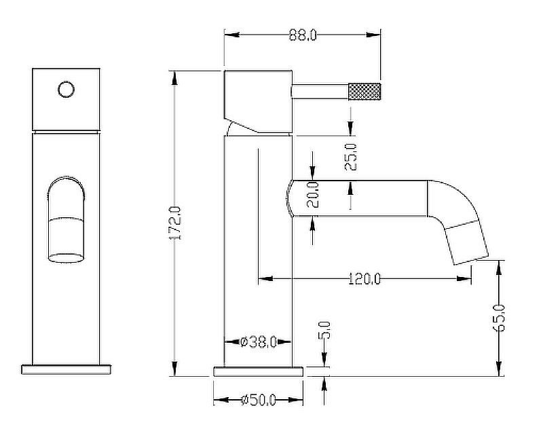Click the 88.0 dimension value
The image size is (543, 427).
click(x=303, y=35)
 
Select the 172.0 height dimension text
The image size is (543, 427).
click(x=175, y=223)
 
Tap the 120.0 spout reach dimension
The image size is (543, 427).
click(x=364, y=279)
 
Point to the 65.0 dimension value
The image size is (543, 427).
click(x=499, y=318)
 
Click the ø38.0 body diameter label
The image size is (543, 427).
click(x=259, y=343)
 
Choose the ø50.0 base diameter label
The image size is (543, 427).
click(x=259, y=401)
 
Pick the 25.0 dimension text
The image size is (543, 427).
click(x=351, y=157)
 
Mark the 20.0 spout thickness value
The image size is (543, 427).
click(x=312, y=194)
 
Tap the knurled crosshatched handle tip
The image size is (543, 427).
click(x=364, y=92)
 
